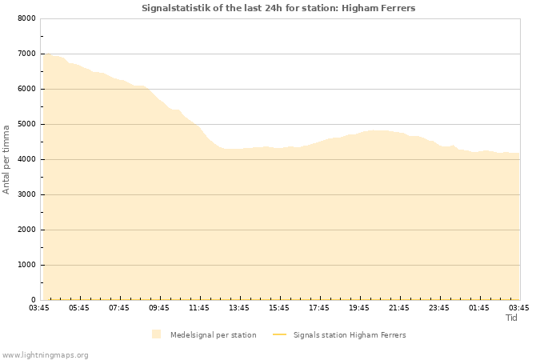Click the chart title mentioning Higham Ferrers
point(278,8)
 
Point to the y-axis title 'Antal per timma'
point(6,158)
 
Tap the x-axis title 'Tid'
point(511,318)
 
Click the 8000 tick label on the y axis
point(26,18)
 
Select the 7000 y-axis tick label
point(26,54)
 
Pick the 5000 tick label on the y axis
point(26,124)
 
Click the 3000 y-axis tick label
point(26,194)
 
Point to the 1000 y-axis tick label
point(26,265)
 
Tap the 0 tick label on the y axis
point(33,300)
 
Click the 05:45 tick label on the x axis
point(79,307)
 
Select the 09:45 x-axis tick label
point(159,307)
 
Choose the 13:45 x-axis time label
point(239,307)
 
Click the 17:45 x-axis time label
point(319,307)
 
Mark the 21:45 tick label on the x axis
point(399,307)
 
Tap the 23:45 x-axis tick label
point(439,307)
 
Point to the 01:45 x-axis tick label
point(479,307)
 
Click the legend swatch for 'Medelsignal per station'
point(156,334)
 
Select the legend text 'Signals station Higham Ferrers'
point(350,334)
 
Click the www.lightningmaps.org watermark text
point(46,354)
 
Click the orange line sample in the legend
point(279,334)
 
